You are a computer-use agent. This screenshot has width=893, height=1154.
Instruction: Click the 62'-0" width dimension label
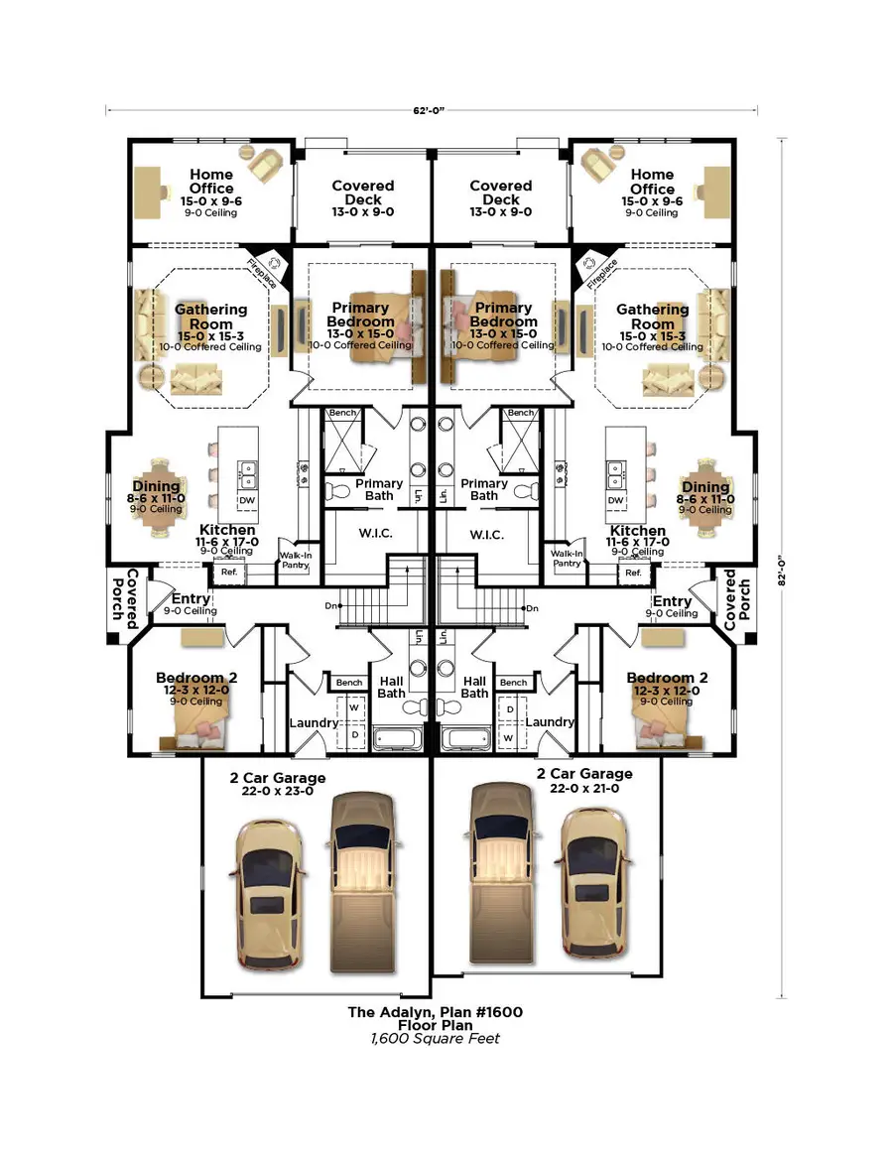click(x=432, y=110)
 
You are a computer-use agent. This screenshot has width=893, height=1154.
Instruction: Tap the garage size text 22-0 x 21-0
click(x=584, y=788)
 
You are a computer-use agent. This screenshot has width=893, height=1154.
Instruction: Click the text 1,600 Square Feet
click(x=435, y=1039)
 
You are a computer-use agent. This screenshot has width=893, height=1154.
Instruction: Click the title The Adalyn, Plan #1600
click(x=435, y=1012)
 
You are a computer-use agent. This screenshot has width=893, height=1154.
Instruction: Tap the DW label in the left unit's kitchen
click(x=247, y=500)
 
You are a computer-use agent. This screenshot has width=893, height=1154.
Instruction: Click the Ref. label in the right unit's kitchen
click(x=633, y=573)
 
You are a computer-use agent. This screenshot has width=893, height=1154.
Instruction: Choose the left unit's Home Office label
click(x=211, y=182)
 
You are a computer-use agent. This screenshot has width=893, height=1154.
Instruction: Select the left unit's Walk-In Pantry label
click(x=296, y=559)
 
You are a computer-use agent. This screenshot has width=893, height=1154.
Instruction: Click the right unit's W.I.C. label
click(x=486, y=534)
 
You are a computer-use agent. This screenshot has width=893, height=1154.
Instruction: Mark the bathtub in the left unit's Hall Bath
click(x=399, y=737)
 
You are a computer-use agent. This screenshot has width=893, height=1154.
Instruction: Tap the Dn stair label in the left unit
click(x=332, y=605)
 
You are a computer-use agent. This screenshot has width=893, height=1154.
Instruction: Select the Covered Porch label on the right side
click(x=737, y=599)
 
